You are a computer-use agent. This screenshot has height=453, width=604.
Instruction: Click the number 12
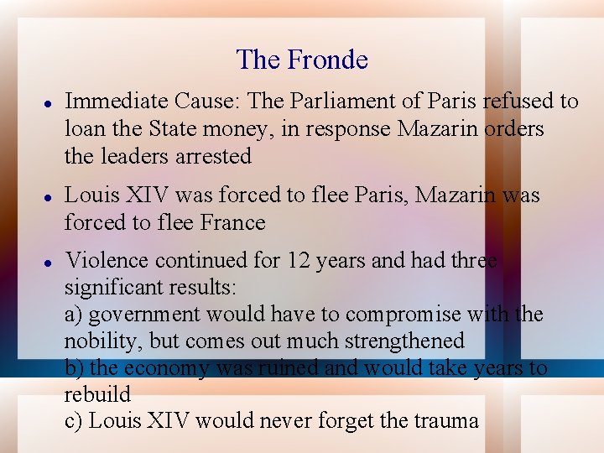coord(299,260)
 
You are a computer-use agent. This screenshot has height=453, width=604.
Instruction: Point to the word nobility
coord(97,341)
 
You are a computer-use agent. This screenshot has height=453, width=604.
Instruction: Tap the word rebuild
coord(97,394)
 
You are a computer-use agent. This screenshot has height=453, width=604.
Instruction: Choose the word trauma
coord(445,421)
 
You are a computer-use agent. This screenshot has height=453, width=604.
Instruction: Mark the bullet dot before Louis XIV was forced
coord(49,196)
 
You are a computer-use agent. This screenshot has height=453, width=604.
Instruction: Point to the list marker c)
coord(73,421)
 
